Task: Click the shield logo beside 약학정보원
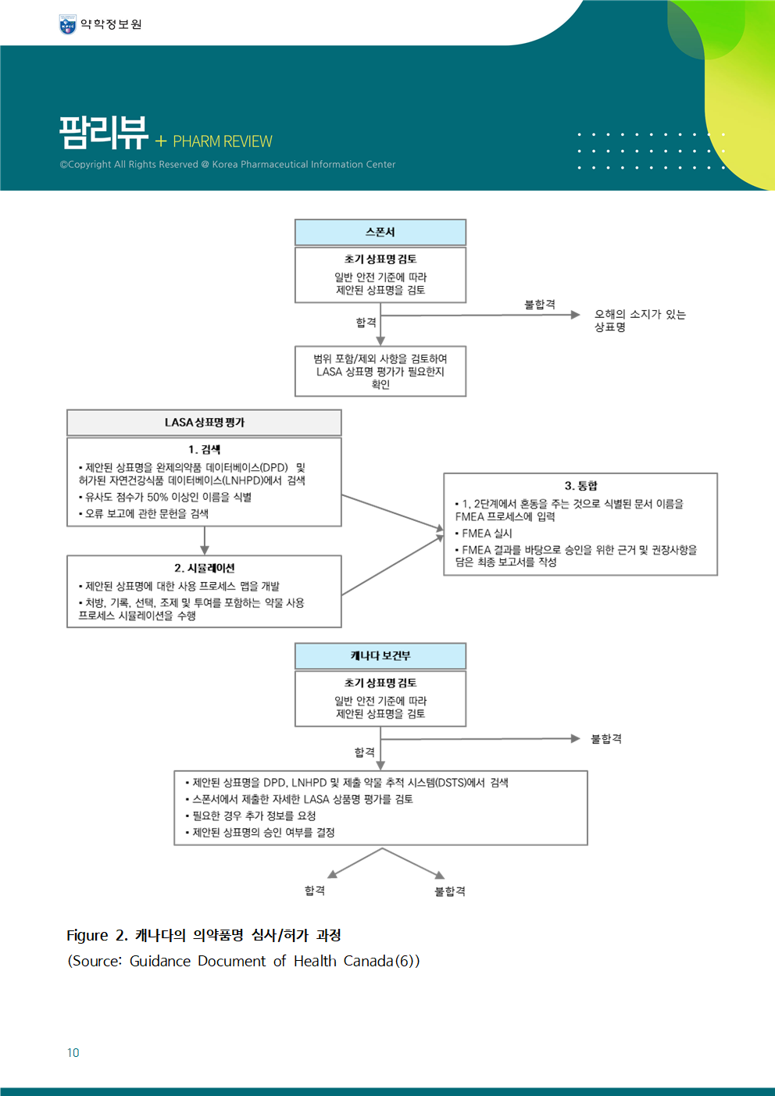(67, 24)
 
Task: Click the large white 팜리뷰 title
(103, 132)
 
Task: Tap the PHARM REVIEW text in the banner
(222, 141)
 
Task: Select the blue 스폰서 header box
(380, 233)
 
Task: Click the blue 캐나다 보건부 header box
(380, 656)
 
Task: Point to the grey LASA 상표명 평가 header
(204, 423)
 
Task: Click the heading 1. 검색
(204, 450)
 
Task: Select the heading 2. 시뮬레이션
(204, 568)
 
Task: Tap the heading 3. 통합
(580, 486)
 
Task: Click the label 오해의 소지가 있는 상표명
(640, 320)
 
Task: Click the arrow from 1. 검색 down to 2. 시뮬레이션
(205, 541)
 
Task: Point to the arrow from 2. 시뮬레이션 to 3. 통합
(392, 565)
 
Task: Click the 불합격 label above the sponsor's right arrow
(540, 305)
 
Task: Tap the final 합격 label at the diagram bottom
(315, 891)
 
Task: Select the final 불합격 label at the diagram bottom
(450, 891)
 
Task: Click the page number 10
(73, 1052)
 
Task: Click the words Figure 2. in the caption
(97, 935)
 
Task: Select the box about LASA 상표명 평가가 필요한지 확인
(380, 371)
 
